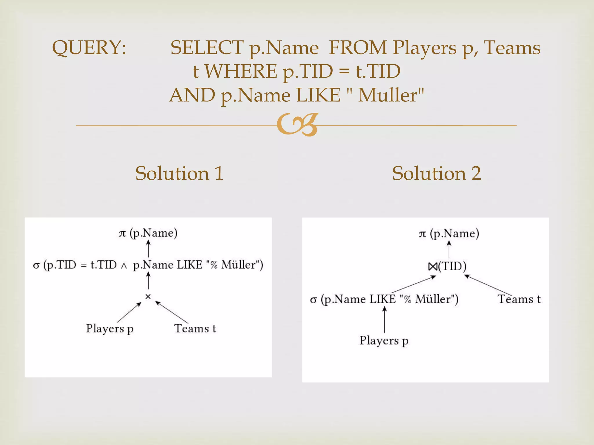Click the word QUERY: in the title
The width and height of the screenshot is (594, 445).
(x=89, y=48)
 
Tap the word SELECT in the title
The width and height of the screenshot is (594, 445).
(x=207, y=48)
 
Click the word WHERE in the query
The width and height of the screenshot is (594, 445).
(x=241, y=71)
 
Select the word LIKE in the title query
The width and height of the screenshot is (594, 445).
(x=318, y=95)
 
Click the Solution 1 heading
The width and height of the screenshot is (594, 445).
(x=179, y=173)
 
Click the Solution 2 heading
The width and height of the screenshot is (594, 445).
(x=437, y=173)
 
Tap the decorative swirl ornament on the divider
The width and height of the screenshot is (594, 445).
(x=298, y=125)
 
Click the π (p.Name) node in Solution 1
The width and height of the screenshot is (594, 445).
(x=148, y=233)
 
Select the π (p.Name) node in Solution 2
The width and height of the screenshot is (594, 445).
(x=449, y=234)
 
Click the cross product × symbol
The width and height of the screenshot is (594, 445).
(x=148, y=296)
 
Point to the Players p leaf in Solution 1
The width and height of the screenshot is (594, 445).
(x=110, y=329)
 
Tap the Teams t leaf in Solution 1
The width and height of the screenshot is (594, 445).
(x=195, y=329)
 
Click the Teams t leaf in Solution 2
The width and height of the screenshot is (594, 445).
(x=519, y=299)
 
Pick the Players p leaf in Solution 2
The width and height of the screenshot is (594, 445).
(x=384, y=341)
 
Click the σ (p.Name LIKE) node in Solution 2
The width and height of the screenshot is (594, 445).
(x=384, y=299)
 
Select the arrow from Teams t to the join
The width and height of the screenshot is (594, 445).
(x=488, y=285)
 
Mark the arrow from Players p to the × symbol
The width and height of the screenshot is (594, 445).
(x=129, y=312)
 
